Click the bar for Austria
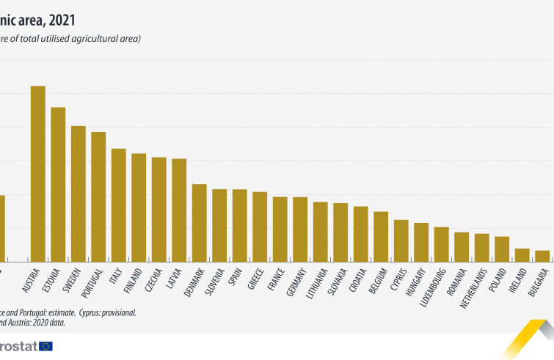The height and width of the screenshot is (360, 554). click(38, 174)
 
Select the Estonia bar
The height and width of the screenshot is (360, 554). click(58, 184)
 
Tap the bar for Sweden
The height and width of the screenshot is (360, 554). click(79, 194)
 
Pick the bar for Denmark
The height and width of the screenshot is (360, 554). click(199, 223)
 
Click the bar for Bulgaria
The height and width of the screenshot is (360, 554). click(542, 256)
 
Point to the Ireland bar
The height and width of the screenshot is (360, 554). click(522, 255)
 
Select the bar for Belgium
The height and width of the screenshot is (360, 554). click(381, 236)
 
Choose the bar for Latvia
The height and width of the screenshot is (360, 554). click(179, 210)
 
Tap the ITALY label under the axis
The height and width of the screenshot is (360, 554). click(116, 276)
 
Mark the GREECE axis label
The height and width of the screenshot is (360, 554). click(257, 278)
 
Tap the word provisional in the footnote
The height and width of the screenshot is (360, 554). click(115, 312)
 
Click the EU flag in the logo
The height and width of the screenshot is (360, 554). click(45, 346)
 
